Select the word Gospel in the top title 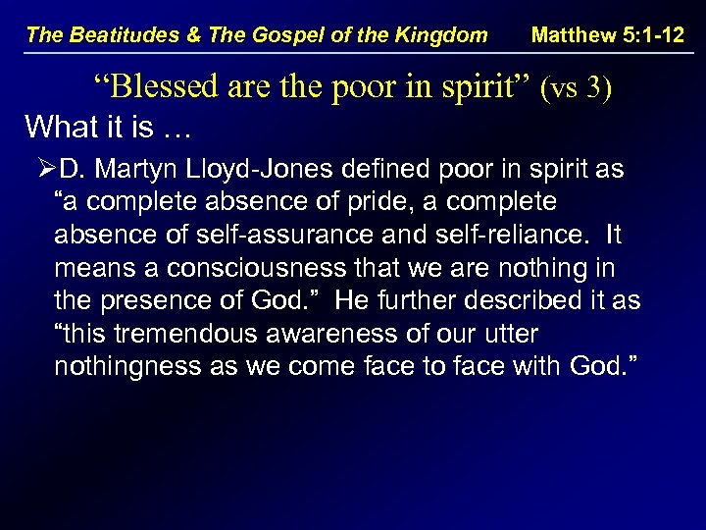(x=289, y=35)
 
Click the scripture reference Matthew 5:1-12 (x=608, y=35)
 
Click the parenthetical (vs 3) (x=577, y=89)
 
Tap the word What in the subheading (x=55, y=127)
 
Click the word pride (x=348, y=203)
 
